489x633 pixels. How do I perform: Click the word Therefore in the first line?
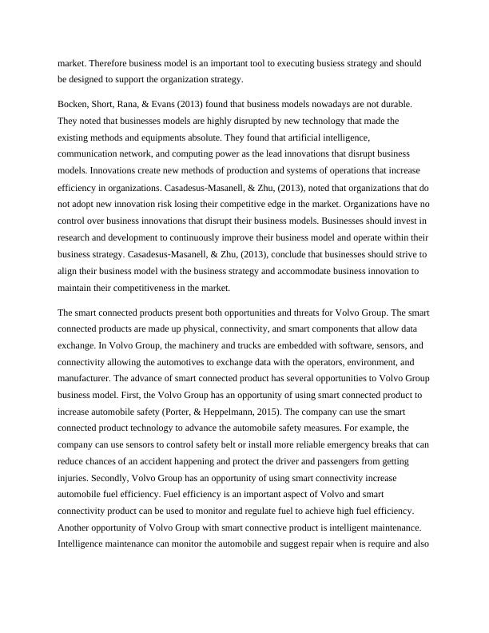coord(109,62)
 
